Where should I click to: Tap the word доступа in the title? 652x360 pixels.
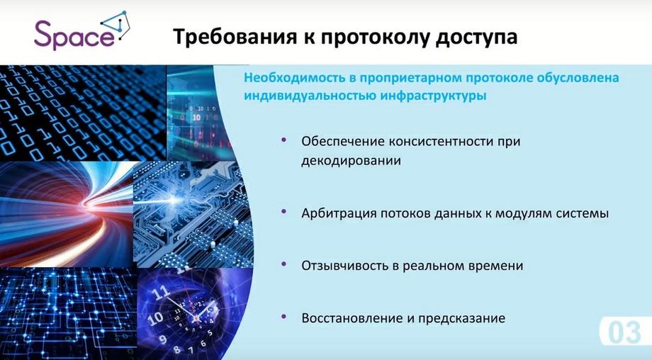[x=476, y=38]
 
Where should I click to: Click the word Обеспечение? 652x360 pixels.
[x=342, y=141]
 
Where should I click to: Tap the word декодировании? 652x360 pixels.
[x=351, y=161]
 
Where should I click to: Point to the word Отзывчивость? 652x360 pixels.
[x=345, y=266]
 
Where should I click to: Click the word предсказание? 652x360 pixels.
[x=461, y=318]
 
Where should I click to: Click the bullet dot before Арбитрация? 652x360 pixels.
[x=284, y=212]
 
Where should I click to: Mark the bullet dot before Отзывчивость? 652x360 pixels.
[x=284, y=264]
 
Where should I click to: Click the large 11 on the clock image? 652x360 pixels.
[x=161, y=292]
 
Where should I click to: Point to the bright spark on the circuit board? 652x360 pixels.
[x=174, y=200]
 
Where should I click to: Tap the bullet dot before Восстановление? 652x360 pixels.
[x=284, y=317]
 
